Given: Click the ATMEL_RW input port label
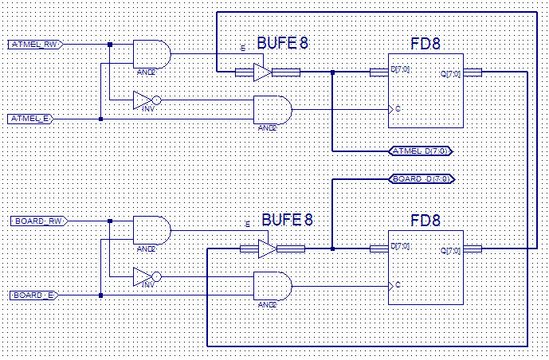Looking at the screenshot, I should [33, 44].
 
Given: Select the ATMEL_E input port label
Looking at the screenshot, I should [31, 119].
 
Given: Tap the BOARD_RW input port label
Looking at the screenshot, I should [36, 221].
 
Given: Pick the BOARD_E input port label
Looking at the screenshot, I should [33, 295].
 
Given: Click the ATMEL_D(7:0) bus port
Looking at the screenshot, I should [421, 151].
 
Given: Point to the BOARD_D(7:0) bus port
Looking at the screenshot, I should [421, 178].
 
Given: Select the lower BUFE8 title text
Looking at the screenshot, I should [287, 219].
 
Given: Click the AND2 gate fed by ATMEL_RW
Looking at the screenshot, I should [151, 53].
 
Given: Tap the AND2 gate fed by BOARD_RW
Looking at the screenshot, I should [151, 230].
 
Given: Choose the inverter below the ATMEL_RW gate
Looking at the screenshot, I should [145, 100].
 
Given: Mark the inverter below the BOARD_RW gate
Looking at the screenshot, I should [145, 277].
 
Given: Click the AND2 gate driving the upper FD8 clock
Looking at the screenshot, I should [272, 109].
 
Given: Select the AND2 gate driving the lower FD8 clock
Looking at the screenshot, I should [272, 285].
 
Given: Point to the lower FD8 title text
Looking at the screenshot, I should [425, 219].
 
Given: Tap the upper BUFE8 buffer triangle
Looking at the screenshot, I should [262, 72].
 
